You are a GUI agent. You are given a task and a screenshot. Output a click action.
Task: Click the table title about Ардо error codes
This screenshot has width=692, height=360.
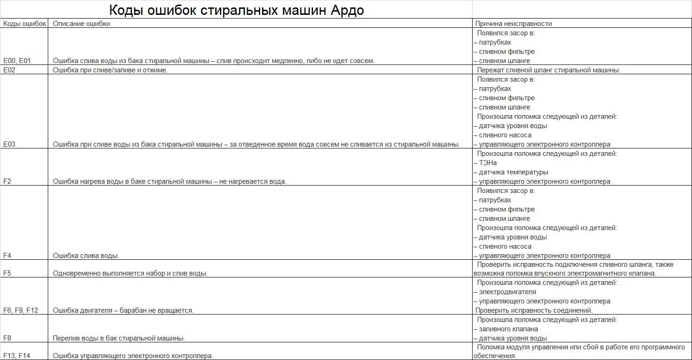point(236,10)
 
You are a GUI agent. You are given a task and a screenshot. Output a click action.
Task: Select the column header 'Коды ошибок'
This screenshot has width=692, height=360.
point(25,24)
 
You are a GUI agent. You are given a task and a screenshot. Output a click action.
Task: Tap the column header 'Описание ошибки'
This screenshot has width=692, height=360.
point(81,24)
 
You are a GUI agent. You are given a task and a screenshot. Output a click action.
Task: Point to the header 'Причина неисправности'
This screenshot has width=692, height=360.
point(513,24)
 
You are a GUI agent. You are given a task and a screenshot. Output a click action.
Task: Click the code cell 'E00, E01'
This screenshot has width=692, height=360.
point(17,61)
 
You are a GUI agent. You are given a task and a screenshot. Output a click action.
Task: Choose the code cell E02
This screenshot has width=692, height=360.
point(9,70)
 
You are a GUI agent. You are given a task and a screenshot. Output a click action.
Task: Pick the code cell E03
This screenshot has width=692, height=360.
point(9,144)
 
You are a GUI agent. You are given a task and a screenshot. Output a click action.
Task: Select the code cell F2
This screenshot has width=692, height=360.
point(7,181)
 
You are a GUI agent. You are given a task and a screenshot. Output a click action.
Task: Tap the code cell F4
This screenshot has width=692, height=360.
point(7,256)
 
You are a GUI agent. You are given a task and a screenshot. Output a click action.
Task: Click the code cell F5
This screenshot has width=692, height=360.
point(7,273)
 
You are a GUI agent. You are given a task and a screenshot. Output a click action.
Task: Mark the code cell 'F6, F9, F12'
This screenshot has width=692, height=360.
point(20,310)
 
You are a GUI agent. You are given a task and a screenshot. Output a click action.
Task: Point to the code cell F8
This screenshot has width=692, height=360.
point(7,338)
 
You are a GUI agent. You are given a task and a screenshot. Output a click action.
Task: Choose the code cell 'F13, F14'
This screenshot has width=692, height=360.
point(16,356)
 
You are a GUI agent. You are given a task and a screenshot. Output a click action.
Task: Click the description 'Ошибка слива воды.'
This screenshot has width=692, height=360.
point(86,256)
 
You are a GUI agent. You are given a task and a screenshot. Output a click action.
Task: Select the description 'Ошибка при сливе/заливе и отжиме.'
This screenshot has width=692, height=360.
point(110,70)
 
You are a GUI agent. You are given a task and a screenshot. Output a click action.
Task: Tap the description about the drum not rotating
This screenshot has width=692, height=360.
point(123,310)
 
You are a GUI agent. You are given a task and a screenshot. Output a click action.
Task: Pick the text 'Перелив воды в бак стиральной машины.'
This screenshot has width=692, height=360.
point(119,338)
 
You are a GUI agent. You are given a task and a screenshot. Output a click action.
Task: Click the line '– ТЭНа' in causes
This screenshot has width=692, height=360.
point(485,163)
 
